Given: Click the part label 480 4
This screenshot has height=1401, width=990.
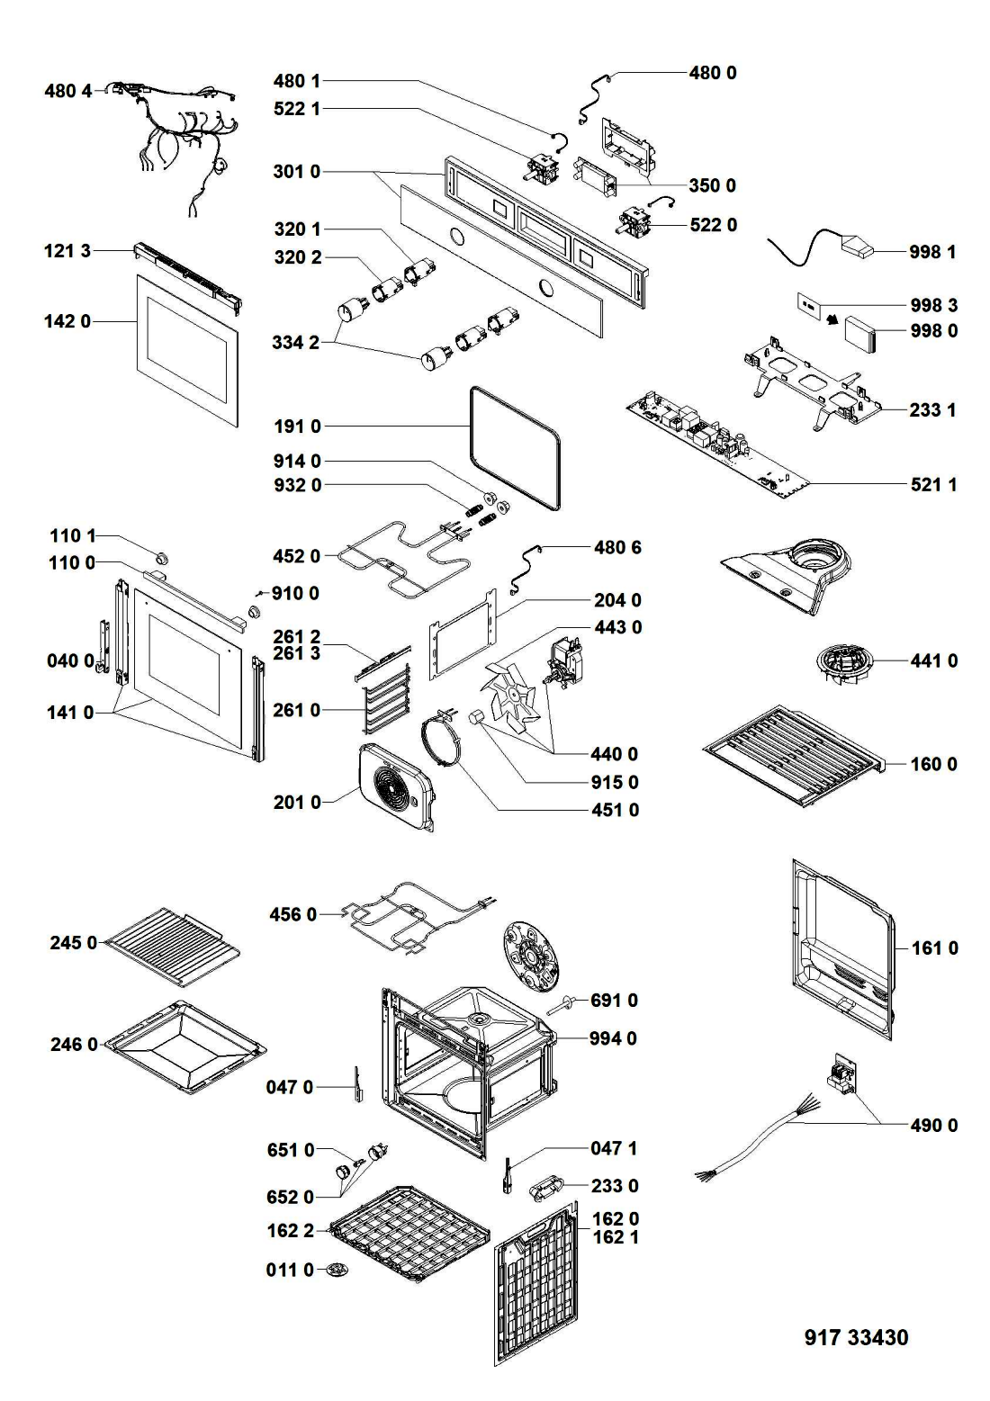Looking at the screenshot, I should coord(67,90).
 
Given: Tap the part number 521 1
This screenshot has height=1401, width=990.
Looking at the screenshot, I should coord(933,485).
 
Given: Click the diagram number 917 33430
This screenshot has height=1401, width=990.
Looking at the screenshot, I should coord(855,1337).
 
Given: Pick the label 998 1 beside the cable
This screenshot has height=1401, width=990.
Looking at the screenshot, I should coord(933,252).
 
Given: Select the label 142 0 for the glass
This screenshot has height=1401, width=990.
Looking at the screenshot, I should coord(67,320).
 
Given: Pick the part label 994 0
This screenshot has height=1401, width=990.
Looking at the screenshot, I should coord(613,1038).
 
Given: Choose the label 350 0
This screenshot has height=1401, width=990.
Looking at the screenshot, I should coord(712,185).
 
